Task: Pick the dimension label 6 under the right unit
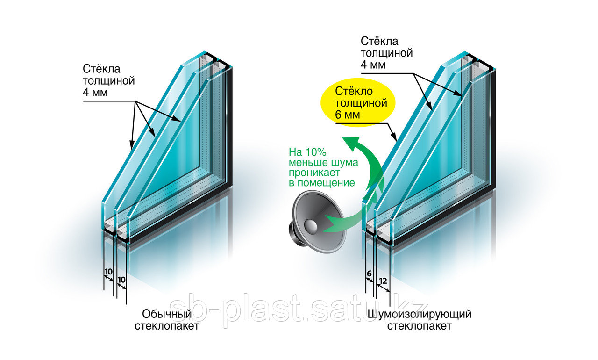[369, 273]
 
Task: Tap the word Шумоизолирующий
[419, 314]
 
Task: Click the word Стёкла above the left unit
[101, 69]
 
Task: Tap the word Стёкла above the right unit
[379, 41]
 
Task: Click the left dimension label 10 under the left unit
[108, 272]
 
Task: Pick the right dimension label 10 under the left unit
[121, 279]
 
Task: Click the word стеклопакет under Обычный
[167, 325]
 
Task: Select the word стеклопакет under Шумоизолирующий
[419, 326]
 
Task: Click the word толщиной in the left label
[109, 81]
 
